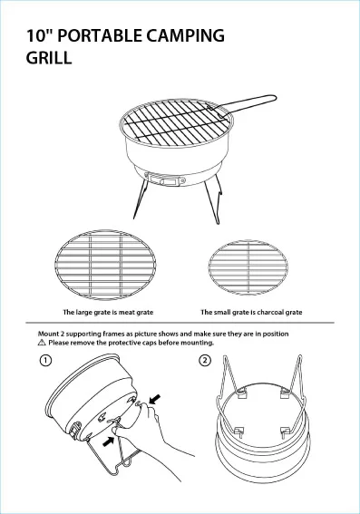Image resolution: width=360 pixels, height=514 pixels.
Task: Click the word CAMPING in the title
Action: (185, 35)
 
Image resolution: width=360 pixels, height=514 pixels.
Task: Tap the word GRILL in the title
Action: (49, 58)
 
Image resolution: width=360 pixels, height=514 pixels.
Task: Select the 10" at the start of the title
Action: (39, 35)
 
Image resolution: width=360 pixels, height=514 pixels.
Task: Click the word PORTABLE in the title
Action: (100, 35)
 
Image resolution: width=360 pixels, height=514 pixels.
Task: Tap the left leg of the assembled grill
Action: (141, 199)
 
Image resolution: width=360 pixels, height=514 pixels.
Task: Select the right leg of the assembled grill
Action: (212, 200)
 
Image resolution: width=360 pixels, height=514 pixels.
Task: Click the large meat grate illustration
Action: (105, 265)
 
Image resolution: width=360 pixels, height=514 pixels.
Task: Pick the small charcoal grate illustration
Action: (248, 267)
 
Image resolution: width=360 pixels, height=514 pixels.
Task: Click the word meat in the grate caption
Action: (126, 312)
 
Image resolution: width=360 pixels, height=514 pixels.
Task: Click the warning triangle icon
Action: (42, 343)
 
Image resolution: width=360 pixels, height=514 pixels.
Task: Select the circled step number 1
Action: (45, 361)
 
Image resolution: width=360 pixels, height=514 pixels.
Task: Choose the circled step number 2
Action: (205, 361)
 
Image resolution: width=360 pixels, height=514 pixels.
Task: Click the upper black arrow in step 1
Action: (155, 399)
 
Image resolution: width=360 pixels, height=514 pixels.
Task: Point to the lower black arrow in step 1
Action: (109, 441)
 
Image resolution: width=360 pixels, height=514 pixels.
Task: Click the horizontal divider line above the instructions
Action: (180, 323)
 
